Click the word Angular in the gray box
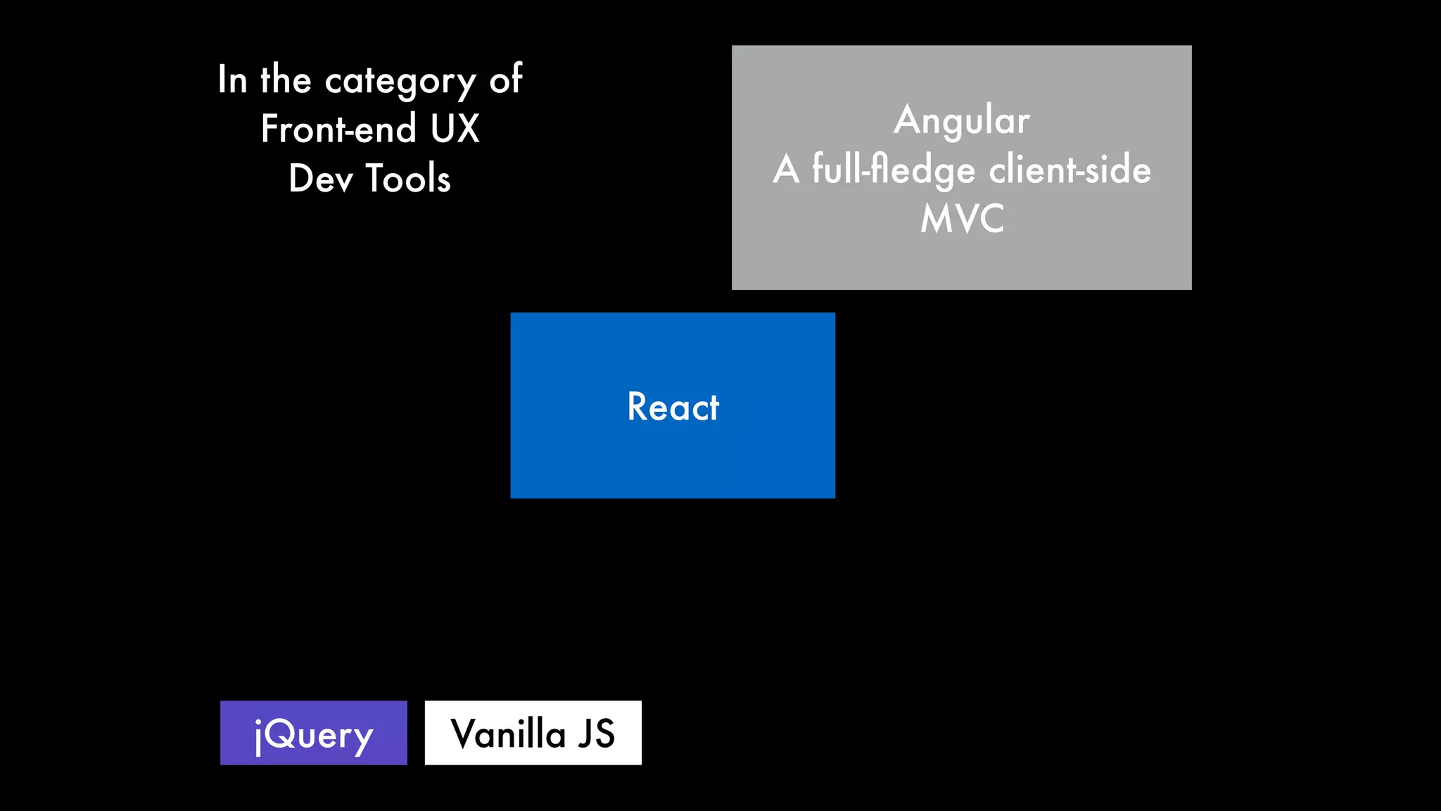[x=962, y=120]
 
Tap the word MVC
[x=962, y=219]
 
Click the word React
[x=673, y=407]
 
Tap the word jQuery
[x=313, y=735]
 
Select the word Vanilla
[x=508, y=734]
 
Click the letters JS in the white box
[x=596, y=734]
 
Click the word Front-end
[x=338, y=130]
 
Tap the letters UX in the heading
[x=455, y=130]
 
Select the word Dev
[x=320, y=179]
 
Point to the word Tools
[x=408, y=179]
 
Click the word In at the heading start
[x=232, y=80]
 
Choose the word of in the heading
[x=506, y=80]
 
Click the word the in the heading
[x=286, y=80]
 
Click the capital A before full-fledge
[x=786, y=170]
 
